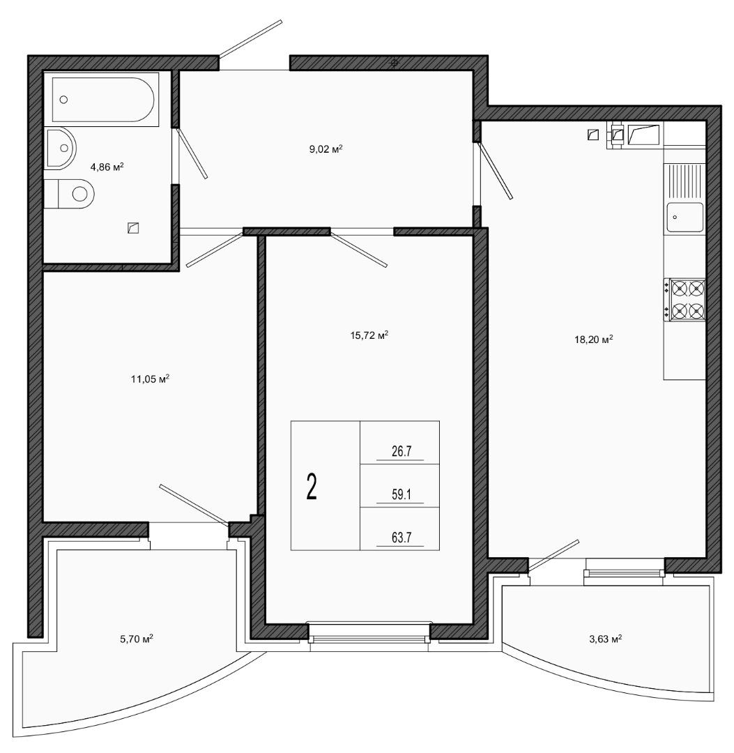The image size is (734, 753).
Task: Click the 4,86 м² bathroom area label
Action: tap(107, 167)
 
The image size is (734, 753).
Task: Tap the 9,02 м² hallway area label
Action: tap(326, 149)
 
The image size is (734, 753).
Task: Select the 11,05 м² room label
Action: tap(151, 379)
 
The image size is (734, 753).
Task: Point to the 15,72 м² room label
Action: tap(369, 335)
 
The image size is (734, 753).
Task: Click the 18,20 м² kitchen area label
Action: tap(594, 340)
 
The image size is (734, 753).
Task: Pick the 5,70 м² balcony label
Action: tap(137, 639)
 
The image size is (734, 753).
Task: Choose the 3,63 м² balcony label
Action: tap(605, 639)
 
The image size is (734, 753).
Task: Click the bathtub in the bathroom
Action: tap(102, 100)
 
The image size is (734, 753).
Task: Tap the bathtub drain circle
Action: tap(64, 100)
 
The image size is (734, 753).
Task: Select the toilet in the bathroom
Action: tap(70, 194)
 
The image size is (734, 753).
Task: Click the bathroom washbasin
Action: tap(60, 148)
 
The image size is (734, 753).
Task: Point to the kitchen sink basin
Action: tap(685, 217)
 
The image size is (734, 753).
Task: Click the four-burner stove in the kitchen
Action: tap(685, 300)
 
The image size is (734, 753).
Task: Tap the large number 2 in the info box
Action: tap(312, 486)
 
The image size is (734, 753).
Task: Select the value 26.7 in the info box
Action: tap(402, 451)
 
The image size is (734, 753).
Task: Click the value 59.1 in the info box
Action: tap(402, 494)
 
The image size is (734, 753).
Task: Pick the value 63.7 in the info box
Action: tap(402, 538)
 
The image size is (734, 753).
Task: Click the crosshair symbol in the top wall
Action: tap(395, 63)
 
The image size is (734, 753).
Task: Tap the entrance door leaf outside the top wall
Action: tap(250, 38)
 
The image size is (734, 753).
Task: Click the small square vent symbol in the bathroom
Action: tap(133, 227)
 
